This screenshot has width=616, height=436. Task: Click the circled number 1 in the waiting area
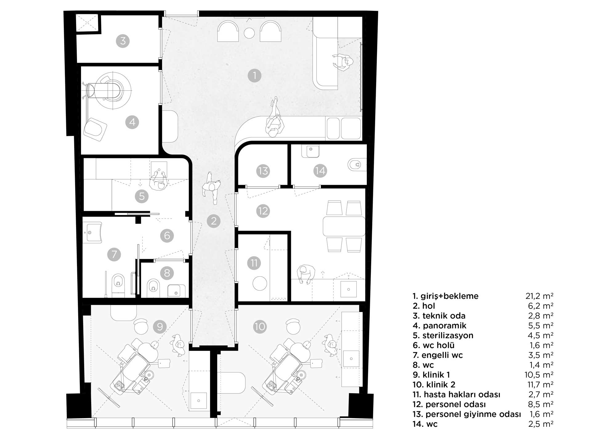coord(254,76)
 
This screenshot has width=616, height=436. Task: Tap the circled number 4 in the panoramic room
coord(132,122)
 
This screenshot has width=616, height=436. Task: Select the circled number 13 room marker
coord(263,171)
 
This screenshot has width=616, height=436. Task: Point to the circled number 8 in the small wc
coord(167,273)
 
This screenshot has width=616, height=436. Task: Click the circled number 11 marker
coord(254,263)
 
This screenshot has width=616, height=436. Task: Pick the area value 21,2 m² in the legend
coord(539,296)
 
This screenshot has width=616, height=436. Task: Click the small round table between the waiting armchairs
coord(249,33)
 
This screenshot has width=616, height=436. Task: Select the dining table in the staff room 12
coord(344,226)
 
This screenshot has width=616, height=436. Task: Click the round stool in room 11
coord(260,283)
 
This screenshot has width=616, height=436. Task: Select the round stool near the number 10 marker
coord(293,327)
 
